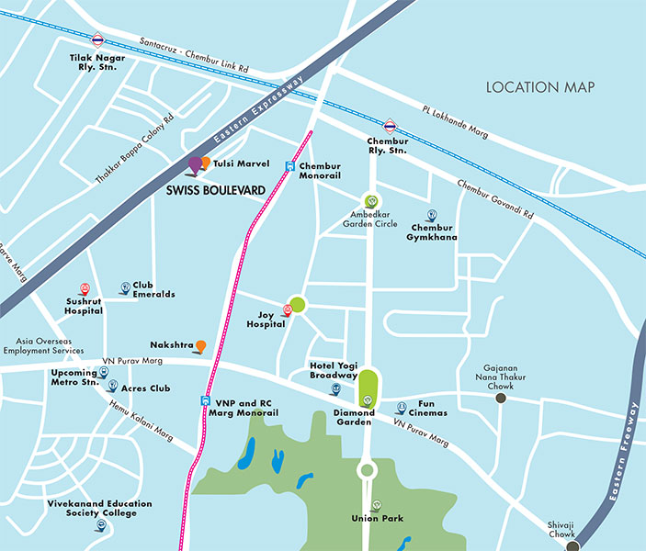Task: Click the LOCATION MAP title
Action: (540, 87)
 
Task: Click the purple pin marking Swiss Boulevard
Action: (195, 165)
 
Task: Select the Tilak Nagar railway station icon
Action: (97, 40)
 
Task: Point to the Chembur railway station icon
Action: (390, 126)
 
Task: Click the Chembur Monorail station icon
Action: (289, 166)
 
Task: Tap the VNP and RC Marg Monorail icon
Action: (205, 400)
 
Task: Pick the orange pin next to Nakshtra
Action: (200, 346)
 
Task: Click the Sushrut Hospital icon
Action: (85, 288)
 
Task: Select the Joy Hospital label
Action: (266, 320)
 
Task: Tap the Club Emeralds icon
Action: (125, 288)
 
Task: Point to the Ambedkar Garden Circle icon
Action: (371, 201)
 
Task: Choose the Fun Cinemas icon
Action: (401, 408)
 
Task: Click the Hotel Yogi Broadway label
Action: (334, 371)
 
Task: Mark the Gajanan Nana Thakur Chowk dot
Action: (501, 399)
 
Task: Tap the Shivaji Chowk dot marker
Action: (572, 545)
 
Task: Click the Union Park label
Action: (377, 519)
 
